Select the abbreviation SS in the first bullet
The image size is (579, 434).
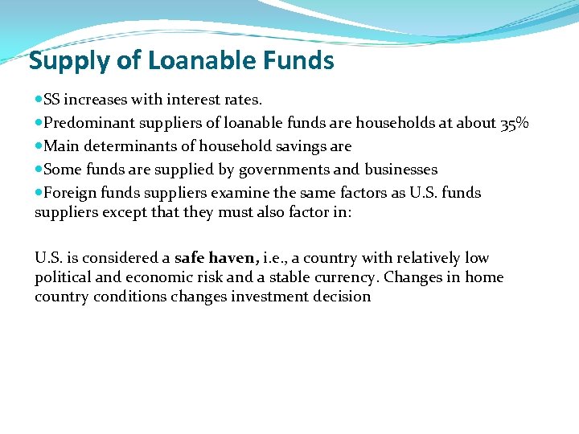click(52, 100)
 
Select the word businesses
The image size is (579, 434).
click(400, 170)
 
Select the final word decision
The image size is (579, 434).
click(343, 297)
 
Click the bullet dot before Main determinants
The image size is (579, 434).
click(39, 146)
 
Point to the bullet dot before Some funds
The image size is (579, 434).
click(39, 170)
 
